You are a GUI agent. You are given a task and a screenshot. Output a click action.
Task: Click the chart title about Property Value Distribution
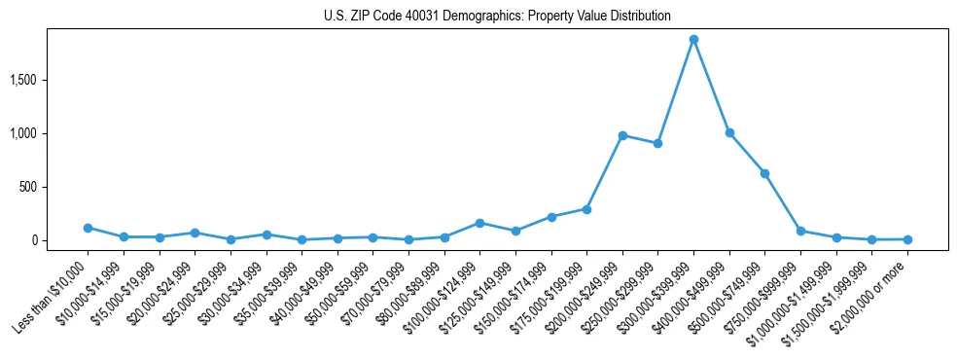click(497, 17)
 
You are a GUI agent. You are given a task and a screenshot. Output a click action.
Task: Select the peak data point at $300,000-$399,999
click(693, 40)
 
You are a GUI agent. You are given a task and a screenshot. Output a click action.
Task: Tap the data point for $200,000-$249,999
click(622, 135)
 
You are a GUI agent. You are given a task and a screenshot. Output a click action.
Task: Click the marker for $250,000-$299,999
click(658, 143)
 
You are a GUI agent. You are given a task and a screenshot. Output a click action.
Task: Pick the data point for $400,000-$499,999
click(729, 132)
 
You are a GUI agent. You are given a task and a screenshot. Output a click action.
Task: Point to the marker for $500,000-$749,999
click(765, 173)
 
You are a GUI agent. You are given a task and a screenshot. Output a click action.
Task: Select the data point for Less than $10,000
click(88, 228)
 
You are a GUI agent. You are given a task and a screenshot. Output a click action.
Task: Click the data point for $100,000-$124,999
click(479, 223)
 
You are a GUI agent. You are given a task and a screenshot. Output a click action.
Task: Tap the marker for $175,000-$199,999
click(586, 209)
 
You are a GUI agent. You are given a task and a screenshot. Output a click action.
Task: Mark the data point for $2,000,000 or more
click(907, 239)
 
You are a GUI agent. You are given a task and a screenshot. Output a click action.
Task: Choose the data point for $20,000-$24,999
click(195, 233)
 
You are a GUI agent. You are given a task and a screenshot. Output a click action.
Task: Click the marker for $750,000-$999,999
click(800, 231)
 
